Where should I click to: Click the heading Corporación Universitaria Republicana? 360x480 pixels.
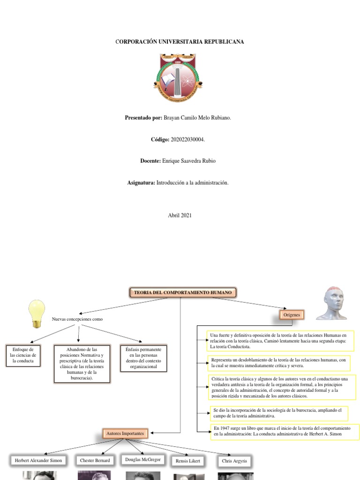click(180, 42)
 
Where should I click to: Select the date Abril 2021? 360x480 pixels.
click(180, 215)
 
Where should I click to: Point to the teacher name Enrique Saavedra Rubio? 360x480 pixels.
click(189, 161)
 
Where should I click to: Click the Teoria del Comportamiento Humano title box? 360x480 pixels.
click(183, 293)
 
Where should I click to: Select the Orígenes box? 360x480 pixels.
click(291, 315)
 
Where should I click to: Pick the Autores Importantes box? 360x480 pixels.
click(125, 434)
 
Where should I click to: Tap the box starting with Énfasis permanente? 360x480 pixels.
click(143, 359)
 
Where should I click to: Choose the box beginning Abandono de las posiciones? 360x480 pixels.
click(82, 364)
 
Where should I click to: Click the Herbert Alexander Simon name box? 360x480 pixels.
click(38, 461)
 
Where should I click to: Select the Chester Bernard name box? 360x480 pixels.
click(95, 461)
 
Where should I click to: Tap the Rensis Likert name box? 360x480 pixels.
click(188, 461)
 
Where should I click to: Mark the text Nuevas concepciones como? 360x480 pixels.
click(77, 319)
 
